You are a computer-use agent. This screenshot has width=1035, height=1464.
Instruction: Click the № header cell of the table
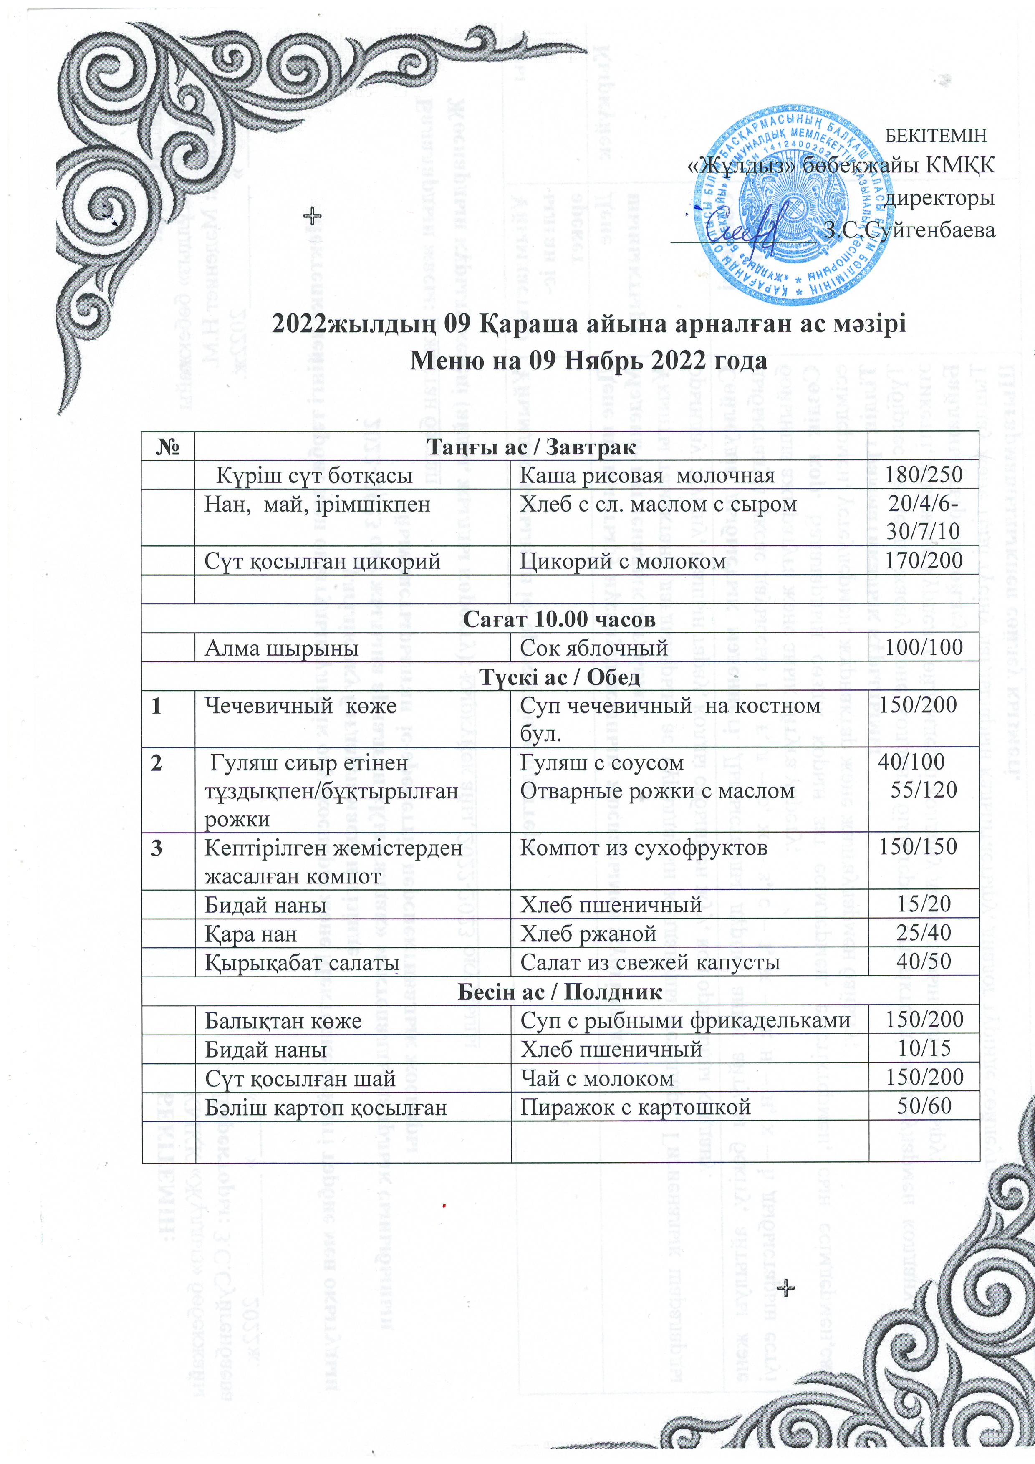[x=168, y=447]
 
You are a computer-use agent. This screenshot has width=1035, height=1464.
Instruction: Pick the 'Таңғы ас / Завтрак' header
[x=530, y=447]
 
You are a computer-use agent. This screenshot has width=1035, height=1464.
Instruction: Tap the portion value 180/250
[x=924, y=475]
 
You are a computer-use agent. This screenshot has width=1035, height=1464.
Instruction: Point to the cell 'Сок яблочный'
[x=594, y=648]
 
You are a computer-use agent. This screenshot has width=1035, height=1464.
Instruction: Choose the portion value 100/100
[x=924, y=647]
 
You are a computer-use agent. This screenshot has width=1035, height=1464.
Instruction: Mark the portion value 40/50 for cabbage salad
[x=924, y=962]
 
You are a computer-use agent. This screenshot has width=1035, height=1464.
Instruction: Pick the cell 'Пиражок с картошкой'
[x=635, y=1107]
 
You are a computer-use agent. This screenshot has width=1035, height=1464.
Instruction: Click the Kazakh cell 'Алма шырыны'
[x=281, y=648]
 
